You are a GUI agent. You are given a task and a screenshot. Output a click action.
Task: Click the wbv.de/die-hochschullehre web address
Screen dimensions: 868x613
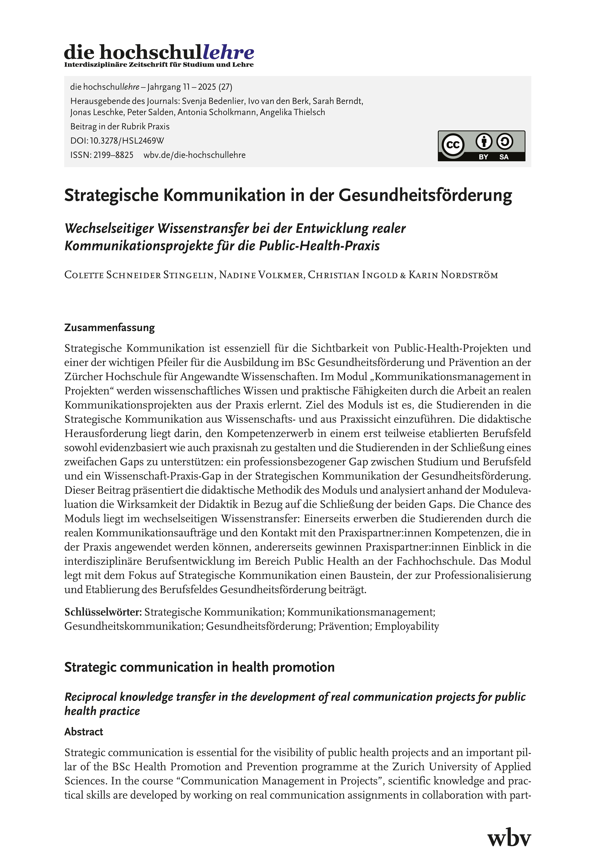(x=195, y=155)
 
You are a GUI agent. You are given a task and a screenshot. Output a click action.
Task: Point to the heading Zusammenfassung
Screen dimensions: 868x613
(x=110, y=327)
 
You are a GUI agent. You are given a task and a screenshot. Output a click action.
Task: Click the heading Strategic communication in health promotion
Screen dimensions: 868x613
(x=199, y=667)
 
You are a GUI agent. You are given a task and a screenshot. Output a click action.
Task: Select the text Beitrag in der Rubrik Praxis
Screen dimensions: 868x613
(x=120, y=126)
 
